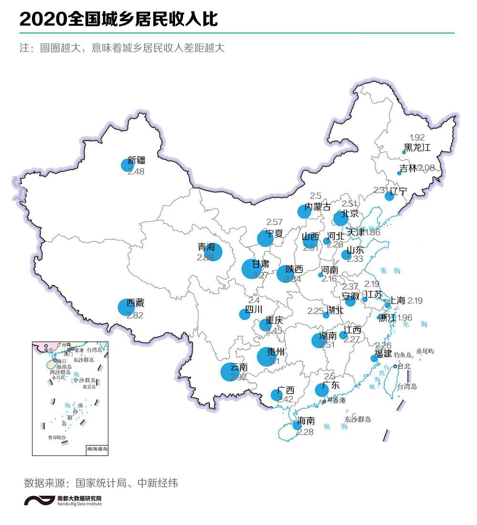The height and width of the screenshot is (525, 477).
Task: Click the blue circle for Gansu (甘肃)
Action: click(x=252, y=269)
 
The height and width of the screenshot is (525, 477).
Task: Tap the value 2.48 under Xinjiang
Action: click(x=136, y=172)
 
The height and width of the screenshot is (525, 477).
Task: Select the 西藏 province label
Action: click(x=135, y=303)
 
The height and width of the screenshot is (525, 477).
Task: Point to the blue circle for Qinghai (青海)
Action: click(x=213, y=252)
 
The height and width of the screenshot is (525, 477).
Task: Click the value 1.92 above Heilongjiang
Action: click(x=417, y=137)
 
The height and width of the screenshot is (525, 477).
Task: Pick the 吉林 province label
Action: click(x=408, y=168)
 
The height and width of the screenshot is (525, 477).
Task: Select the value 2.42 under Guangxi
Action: click(x=285, y=400)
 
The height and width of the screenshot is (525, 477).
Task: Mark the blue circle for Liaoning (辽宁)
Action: click(x=389, y=196)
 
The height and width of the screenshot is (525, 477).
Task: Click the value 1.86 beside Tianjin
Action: click(x=373, y=233)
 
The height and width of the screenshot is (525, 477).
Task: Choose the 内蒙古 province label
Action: click(x=318, y=207)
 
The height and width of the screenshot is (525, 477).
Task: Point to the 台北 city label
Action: click(x=404, y=367)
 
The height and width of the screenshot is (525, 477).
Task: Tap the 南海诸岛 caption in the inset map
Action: click(x=97, y=449)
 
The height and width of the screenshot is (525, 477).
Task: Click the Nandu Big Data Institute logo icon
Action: click(x=39, y=501)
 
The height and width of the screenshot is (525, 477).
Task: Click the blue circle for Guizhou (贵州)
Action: click(x=266, y=357)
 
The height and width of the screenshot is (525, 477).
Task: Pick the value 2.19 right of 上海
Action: click(x=415, y=301)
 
